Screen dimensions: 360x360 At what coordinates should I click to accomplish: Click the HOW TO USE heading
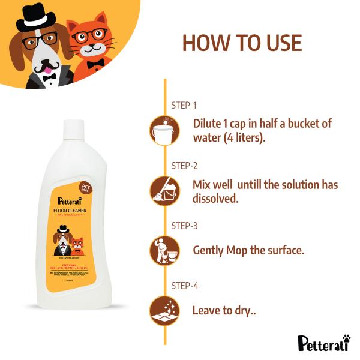coord(242,43)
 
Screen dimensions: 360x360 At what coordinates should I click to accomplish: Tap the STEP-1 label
coord(184,105)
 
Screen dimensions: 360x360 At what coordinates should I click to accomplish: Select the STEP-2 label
coord(184,166)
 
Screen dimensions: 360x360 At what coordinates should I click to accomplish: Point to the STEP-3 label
coord(184,226)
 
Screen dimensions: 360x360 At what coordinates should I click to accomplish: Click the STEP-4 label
coord(184,286)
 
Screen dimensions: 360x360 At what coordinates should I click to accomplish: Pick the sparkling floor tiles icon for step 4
coord(164,310)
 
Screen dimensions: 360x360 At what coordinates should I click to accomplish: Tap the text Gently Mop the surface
coord(248,250)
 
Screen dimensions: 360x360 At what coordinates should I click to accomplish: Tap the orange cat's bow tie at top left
coord(95,64)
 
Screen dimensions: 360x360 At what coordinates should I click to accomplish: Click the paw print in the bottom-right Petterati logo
coord(346,339)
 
